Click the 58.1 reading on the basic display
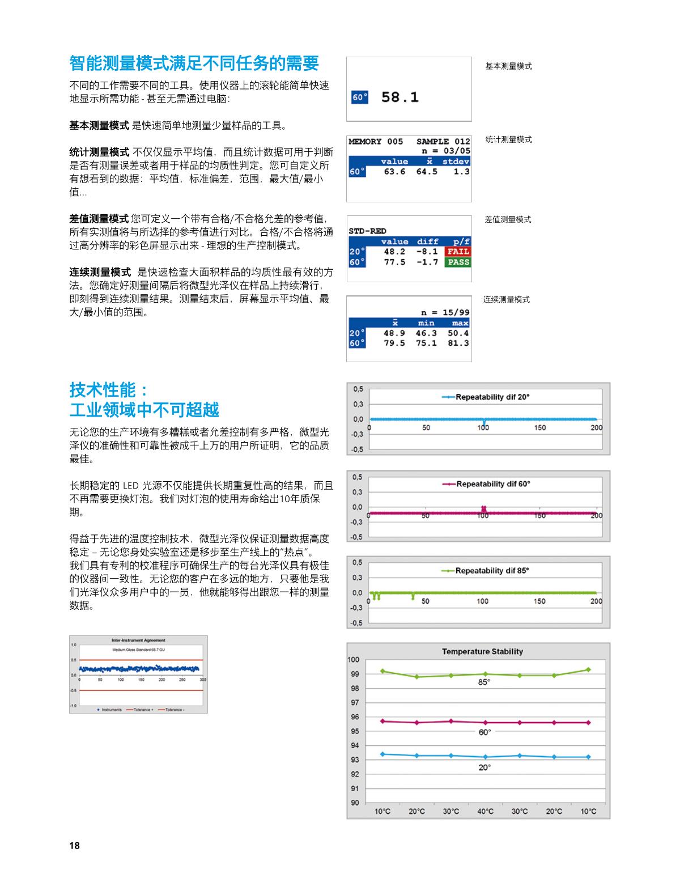click(399, 97)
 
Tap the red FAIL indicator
click(458, 252)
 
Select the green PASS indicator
click(458, 262)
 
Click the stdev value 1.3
click(461, 172)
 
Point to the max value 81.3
click(458, 343)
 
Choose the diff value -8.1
click(427, 252)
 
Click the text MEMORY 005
click(376, 142)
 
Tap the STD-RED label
click(367, 231)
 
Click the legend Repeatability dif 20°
click(492, 397)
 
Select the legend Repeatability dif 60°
click(492, 484)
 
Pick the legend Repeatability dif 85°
click(492, 571)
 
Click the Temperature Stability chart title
click(482, 652)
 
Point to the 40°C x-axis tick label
click(485, 812)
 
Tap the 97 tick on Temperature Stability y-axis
click(354, 703)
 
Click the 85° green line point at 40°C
click(485, 674)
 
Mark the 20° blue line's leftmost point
click(382, 754)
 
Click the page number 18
click(75, 846)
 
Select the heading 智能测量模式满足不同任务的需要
click(194, 63)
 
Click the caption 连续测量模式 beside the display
click(506, 300)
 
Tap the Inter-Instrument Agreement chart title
click(139, 640)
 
